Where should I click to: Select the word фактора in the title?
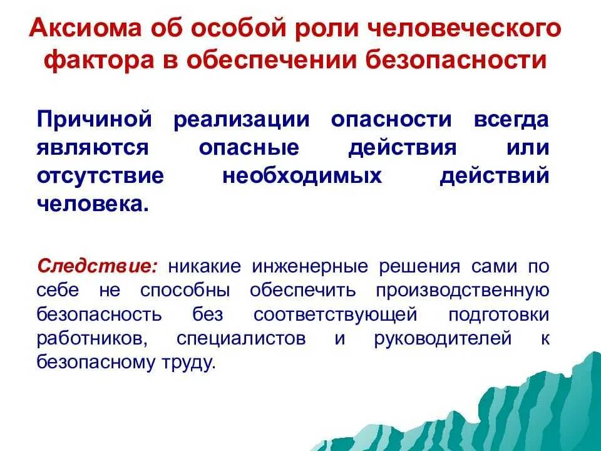click(x=103, y=60)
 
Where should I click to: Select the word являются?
click(x=93, y=148)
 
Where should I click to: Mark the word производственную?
click(x=462, y=290)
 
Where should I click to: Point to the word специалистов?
click(x=242, y=339)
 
